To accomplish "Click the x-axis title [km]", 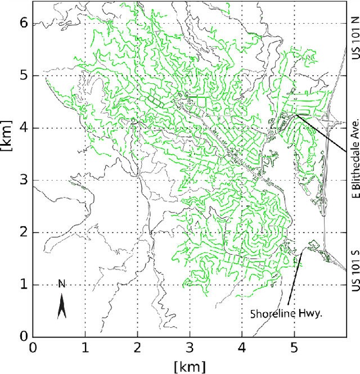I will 190,367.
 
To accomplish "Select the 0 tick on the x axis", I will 33,348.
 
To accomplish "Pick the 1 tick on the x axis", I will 85,348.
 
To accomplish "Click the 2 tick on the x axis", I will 137,348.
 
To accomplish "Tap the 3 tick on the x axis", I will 190,348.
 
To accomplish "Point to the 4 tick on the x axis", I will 242,348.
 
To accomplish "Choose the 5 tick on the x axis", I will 294,348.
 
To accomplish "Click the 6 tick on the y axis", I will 23,23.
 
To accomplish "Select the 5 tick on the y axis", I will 23,75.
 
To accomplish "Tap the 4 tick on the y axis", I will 23,128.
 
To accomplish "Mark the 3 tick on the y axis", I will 23,180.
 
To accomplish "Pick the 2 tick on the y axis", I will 23,232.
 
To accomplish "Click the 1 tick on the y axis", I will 23,285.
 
